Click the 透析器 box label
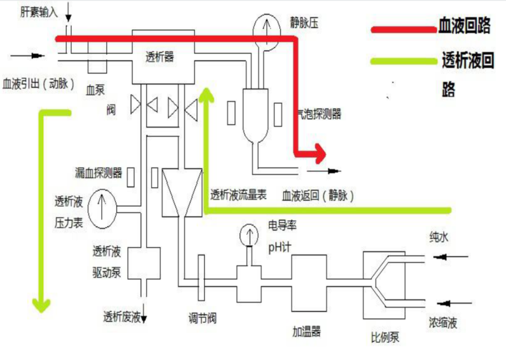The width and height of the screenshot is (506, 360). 160,57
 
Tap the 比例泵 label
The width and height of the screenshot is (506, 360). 385,337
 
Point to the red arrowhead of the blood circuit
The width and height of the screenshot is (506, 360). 319,152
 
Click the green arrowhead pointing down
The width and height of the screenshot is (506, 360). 41,305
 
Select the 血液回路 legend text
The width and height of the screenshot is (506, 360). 464,26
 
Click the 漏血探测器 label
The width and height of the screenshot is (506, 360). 98,173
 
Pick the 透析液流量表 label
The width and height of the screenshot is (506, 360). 238,195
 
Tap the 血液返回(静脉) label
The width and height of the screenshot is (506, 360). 318,196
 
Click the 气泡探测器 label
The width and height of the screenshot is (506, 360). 319,114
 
